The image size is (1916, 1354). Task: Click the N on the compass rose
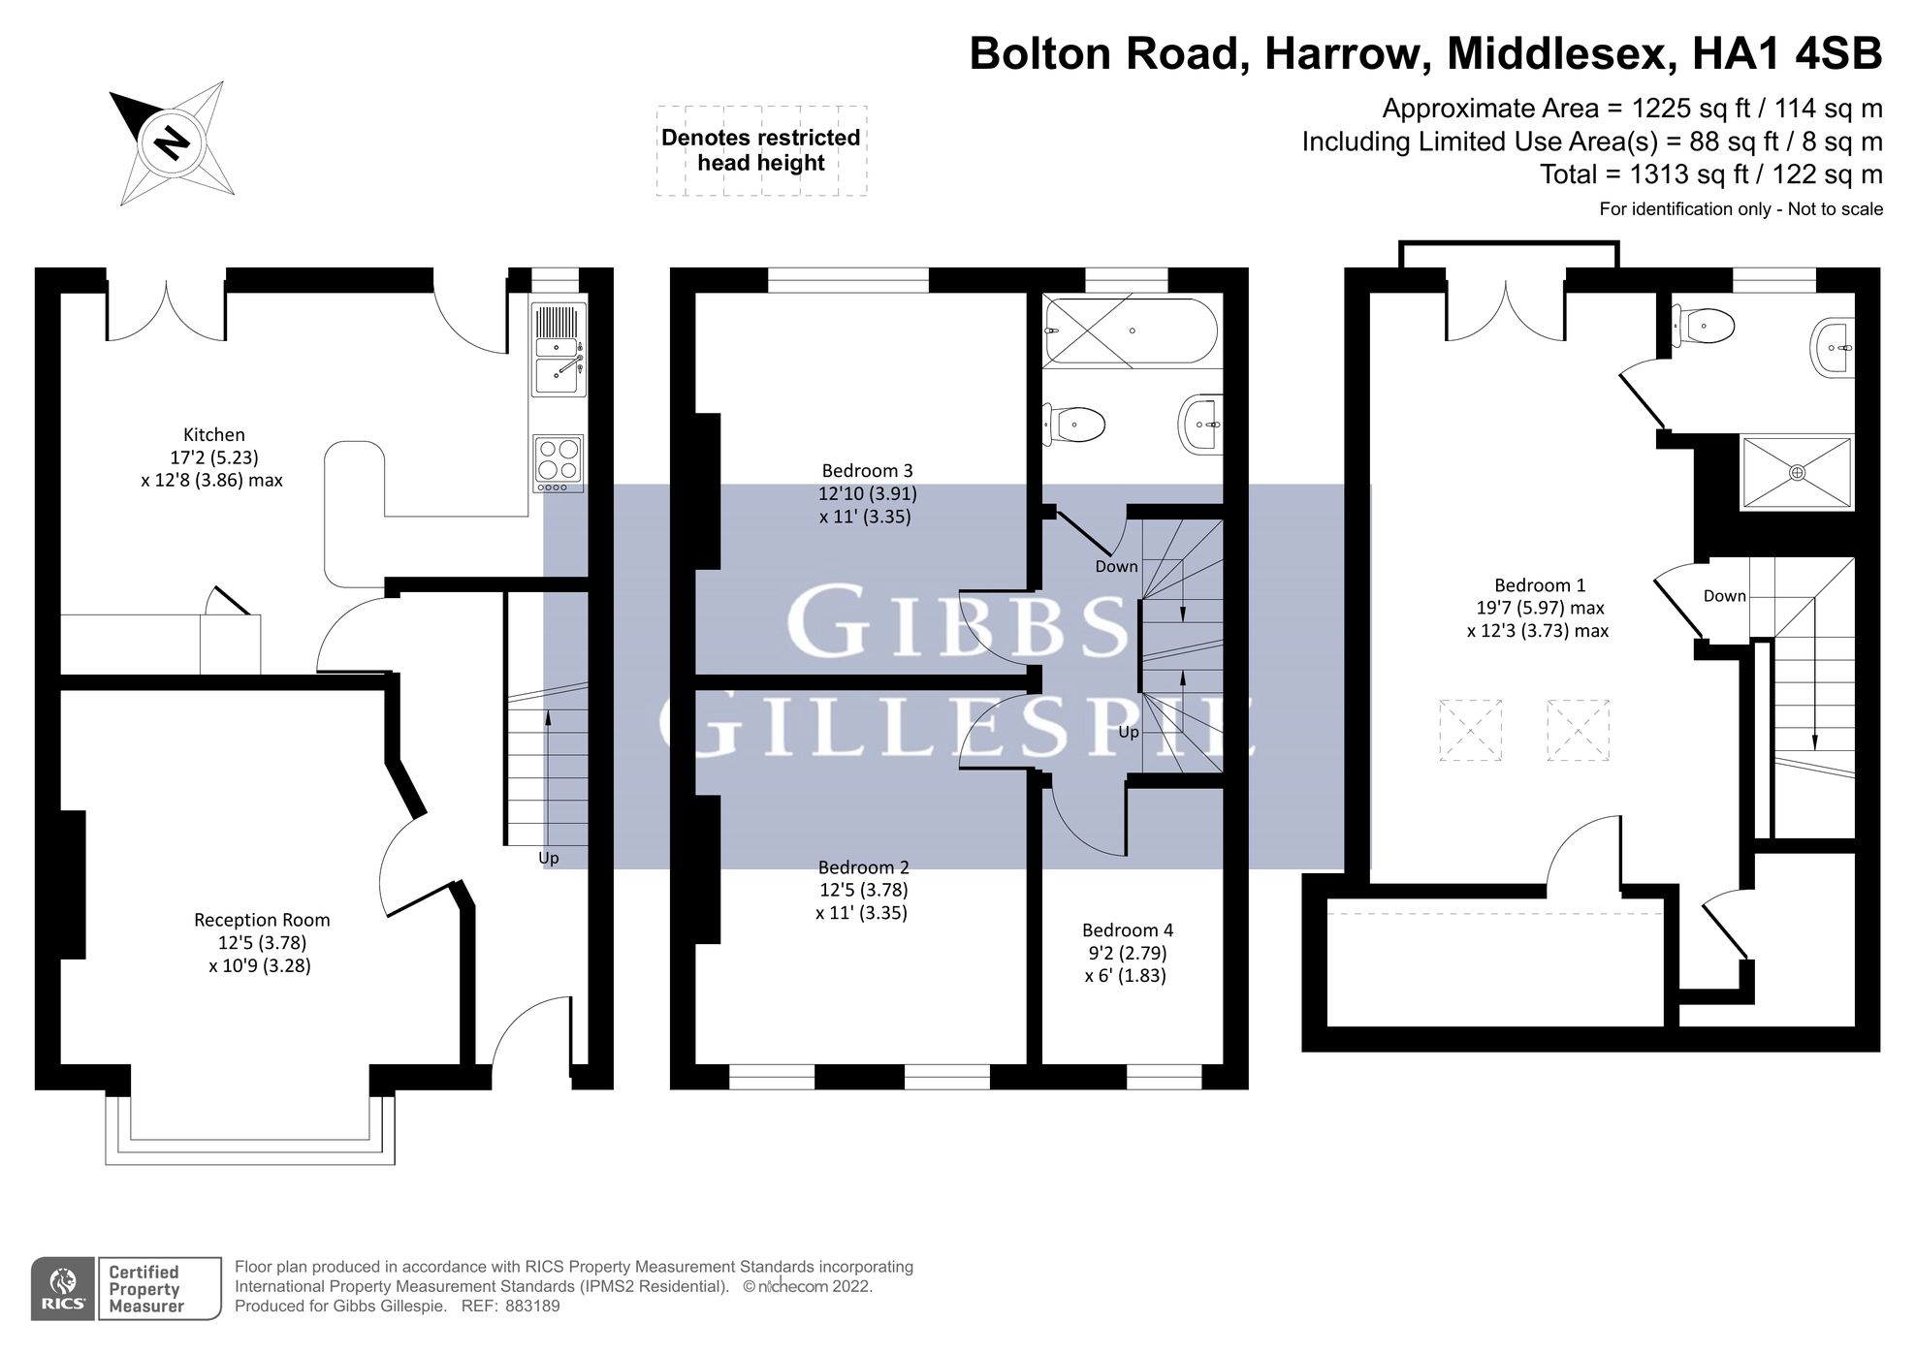173,143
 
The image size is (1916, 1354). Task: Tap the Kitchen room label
213,434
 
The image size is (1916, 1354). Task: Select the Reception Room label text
262,920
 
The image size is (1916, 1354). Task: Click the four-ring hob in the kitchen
559,459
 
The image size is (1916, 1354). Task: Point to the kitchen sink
559,376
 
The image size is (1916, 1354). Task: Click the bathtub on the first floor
1131,331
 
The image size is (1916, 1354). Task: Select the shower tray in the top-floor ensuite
1797,472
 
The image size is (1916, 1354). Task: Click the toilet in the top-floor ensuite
1706,326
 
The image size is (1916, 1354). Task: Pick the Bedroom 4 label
1128,930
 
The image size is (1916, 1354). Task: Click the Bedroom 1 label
1540,585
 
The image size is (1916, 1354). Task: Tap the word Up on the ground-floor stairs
549,858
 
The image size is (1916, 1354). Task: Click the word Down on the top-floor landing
1724,596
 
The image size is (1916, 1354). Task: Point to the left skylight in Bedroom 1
1470,730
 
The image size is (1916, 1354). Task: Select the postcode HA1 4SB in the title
1786,53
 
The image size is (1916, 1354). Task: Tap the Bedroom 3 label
867,471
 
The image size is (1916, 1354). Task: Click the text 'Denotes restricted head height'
761,150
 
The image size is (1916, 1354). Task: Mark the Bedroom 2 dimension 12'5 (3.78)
863,890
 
